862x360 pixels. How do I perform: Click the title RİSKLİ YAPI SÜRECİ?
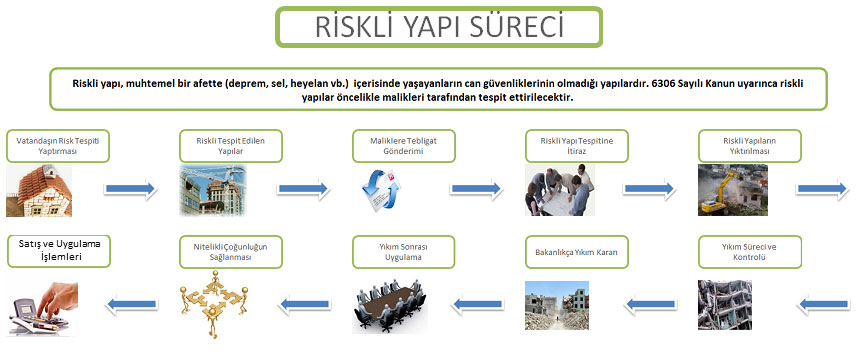click(x=438, y=28)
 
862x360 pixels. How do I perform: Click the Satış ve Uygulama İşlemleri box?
click(x=57, y=250)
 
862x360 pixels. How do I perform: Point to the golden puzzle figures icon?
click(x=211, y=305)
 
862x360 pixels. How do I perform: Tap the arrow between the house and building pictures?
click(x=131, y=187)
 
